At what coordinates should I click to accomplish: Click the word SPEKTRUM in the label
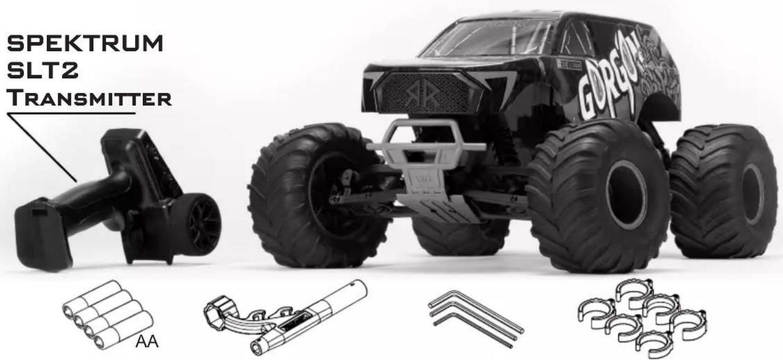tap(85, 43)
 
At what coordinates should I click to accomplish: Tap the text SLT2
tap(42, 71)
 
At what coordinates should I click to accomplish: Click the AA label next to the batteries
tap(147, 341)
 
